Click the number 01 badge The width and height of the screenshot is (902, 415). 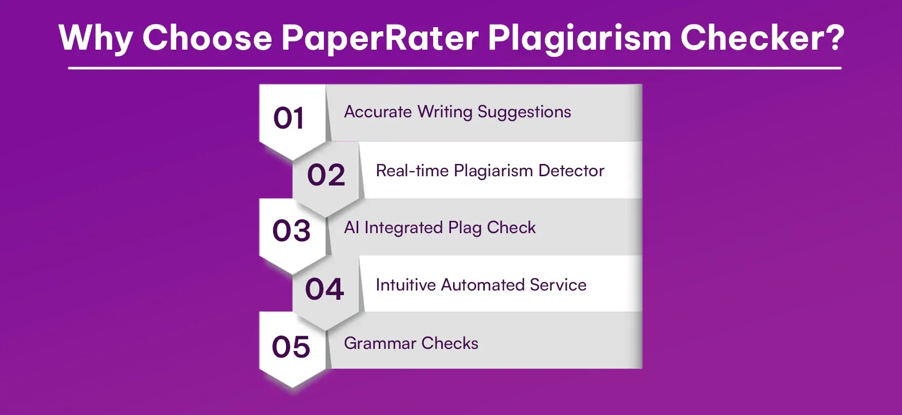289,119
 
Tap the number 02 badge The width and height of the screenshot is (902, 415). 326,175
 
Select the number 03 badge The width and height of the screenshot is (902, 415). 291,231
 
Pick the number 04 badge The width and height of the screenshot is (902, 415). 324,289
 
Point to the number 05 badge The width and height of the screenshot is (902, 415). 291,347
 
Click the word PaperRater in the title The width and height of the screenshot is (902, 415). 380,38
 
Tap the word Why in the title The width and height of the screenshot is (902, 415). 96,38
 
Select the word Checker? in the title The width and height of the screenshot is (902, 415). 762,38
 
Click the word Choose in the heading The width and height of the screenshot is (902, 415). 207,38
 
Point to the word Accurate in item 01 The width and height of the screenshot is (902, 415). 378,112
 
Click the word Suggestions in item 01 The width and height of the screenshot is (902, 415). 524,112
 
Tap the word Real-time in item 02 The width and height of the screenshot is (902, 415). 412,171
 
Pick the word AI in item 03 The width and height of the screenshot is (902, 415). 352,227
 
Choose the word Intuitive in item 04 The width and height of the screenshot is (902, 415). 405,285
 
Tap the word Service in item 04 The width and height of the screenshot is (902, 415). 558,285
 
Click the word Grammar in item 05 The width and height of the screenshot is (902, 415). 380,343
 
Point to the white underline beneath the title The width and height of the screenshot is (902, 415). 455,68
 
